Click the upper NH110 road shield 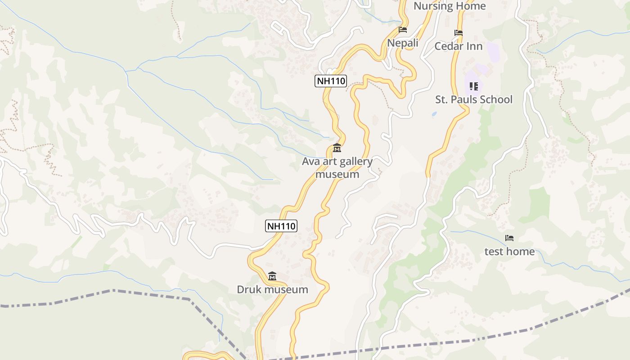[x=331, y=81]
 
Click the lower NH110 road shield [x=281, y=226]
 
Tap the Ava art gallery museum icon [x=337, y=148]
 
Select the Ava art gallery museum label [x=337, y=168]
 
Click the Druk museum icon [x=272, y=276]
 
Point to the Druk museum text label [x=272, y=289]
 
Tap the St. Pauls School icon [x=473, y=86]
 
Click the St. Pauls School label [x=473, y=99]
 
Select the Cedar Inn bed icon [x=459, y=33]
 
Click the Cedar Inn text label [x=458, y=46]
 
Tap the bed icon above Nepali [x=403, y=30]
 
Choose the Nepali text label [x=403, y=43]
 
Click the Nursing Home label [x=450, y=6]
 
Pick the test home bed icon [x=509, y=238]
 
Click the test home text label [x=509, y=252]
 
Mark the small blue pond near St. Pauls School [x=434, y=114]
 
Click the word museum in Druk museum [x=286, y=289]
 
